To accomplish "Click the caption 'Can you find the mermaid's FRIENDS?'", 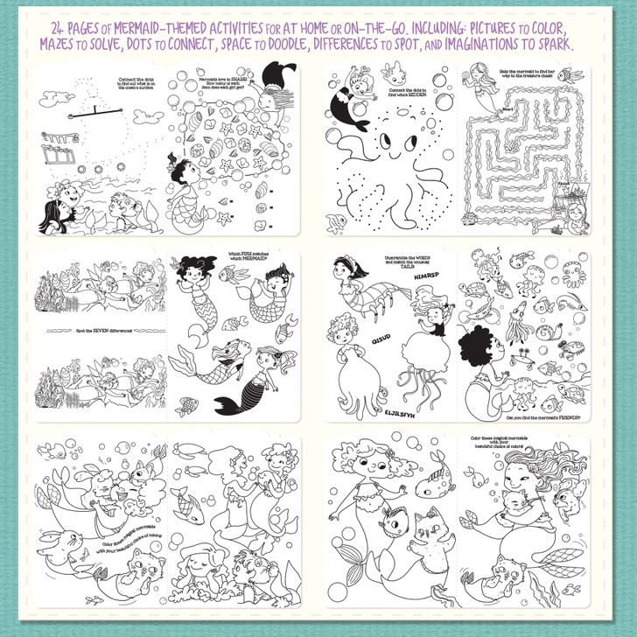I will click(548, 418).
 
